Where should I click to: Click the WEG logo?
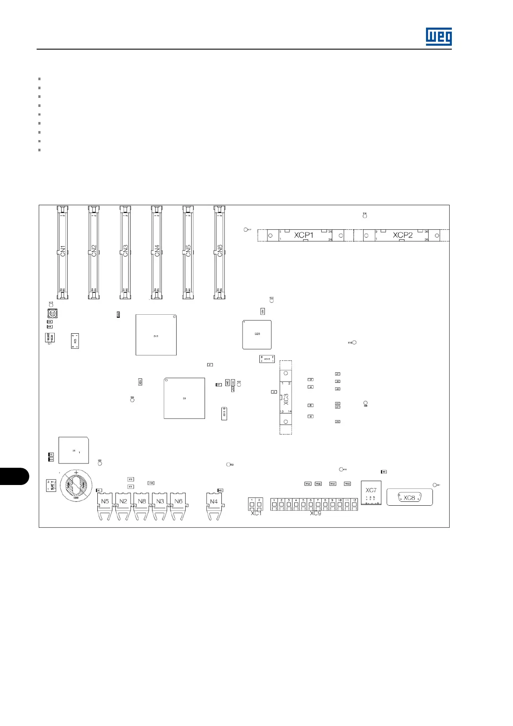[438, 37]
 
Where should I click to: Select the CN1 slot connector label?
[62, 251]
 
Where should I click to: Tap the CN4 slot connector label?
[157, 251]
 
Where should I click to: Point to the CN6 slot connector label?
[220, 251]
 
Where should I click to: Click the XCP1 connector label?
[304, 235]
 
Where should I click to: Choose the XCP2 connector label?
[402, 235]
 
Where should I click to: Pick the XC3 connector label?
[286, 399]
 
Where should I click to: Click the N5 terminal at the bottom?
[105, 501]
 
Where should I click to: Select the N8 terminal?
[142, 501]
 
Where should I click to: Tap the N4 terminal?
[214, 501]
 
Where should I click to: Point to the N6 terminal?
[178, 501]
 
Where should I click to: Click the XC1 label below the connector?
[256, 513]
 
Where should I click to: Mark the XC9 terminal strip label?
[315, 513]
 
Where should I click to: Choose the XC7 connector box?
[371, 493]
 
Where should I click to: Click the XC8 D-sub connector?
[409, 498]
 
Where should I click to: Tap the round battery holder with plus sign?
[76, 485]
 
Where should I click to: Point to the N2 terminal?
[123, 501]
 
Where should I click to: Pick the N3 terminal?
[160, 501]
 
